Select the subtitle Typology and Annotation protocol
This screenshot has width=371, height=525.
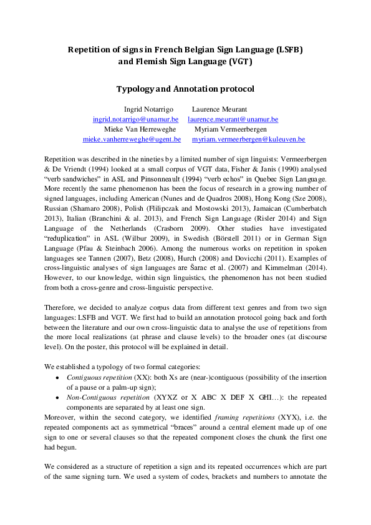tap(185, 89)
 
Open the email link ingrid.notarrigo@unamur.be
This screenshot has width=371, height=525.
tap(135, 118)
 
